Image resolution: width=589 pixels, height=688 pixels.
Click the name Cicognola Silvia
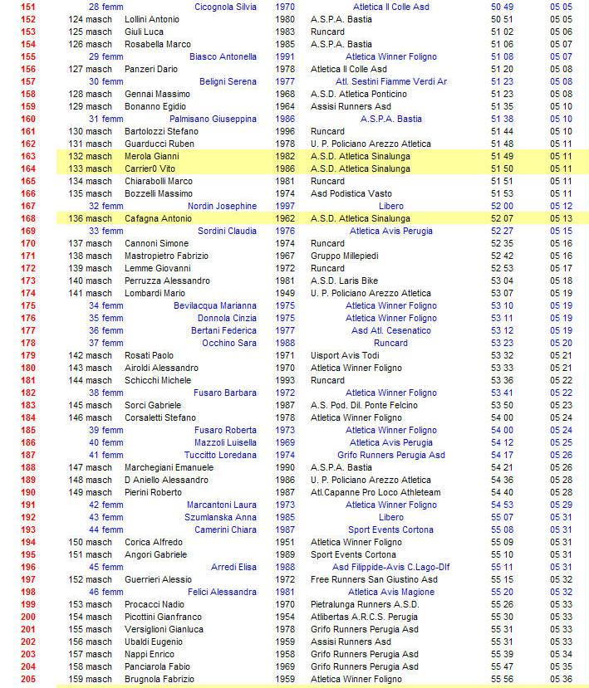[225, 7]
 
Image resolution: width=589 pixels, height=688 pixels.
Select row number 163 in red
[28, 156]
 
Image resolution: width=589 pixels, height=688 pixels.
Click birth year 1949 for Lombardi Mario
[284, 293]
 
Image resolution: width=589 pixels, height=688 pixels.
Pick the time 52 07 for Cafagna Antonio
[502, 218]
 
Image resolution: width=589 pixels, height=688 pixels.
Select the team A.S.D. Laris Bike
[344, 281]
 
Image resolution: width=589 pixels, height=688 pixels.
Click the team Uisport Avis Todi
[345, 355]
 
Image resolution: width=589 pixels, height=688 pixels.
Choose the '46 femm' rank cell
[106, 592]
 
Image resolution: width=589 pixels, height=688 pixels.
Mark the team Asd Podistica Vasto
[351, 193]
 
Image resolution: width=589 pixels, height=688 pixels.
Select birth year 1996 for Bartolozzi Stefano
[284, 131]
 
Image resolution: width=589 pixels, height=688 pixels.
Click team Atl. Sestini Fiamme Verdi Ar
[390, 81]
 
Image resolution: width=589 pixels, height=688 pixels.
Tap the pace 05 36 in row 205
[561, 679]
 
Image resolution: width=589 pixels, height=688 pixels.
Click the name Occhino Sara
[229, 343]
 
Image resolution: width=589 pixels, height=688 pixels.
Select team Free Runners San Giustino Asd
[374, 579]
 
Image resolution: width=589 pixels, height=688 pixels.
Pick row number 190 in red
[28, 492]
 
